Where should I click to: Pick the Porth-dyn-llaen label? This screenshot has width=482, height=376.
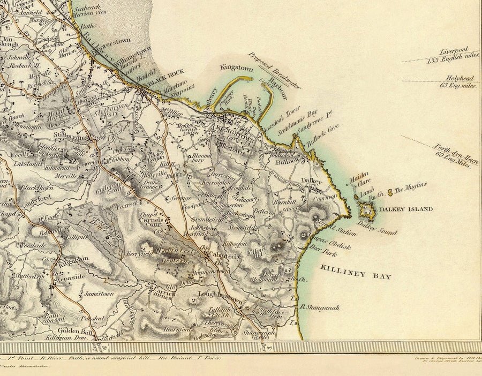pyautogui.click(x=455, y=152)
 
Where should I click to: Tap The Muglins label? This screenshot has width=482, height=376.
pyautogui.click(x=411, y=185)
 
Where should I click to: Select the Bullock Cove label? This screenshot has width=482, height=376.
pyautogui.click(x=322, y=136)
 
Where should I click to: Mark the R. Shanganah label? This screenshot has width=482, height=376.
pyautogui.click(x=320, y=307)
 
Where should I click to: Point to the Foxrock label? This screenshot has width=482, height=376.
pyautogui.click(x=128, y=204)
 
